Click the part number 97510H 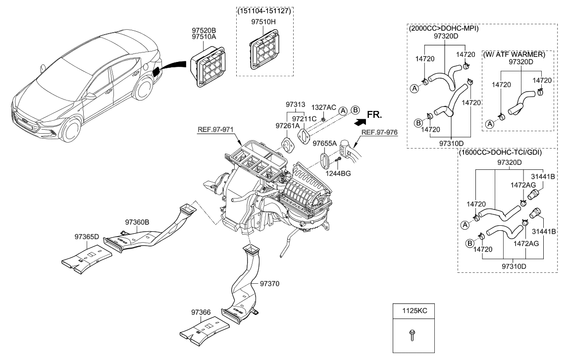[x=263, y=22]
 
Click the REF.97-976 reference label [x=379, y=132]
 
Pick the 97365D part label [x=87, y=237]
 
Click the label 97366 [x=202, y=312]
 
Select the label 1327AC [x=323, y=107]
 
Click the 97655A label [x=324, y=143]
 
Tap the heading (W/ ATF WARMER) [x=517, y=53]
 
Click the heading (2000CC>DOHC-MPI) [x=444, y=28]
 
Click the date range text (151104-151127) [x=263, y=10]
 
